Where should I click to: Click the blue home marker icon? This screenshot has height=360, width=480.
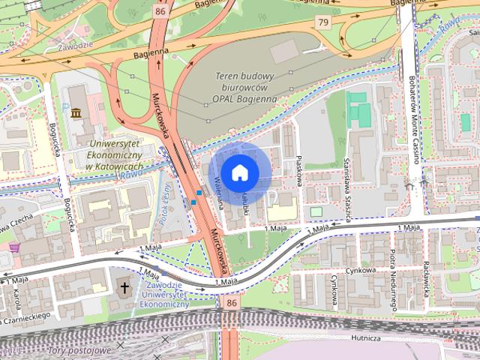point(238,172)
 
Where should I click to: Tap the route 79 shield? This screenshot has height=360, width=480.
point(323,23)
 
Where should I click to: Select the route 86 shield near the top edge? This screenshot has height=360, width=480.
point(160,11)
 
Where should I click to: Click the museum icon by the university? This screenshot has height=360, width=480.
point(76,113)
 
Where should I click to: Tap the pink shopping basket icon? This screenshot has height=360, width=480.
point(13,247)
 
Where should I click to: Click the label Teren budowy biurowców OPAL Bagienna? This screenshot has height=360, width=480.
point(245,87)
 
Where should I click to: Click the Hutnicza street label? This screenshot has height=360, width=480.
point(365,338)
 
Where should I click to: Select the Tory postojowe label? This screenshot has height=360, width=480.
point(79,350)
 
